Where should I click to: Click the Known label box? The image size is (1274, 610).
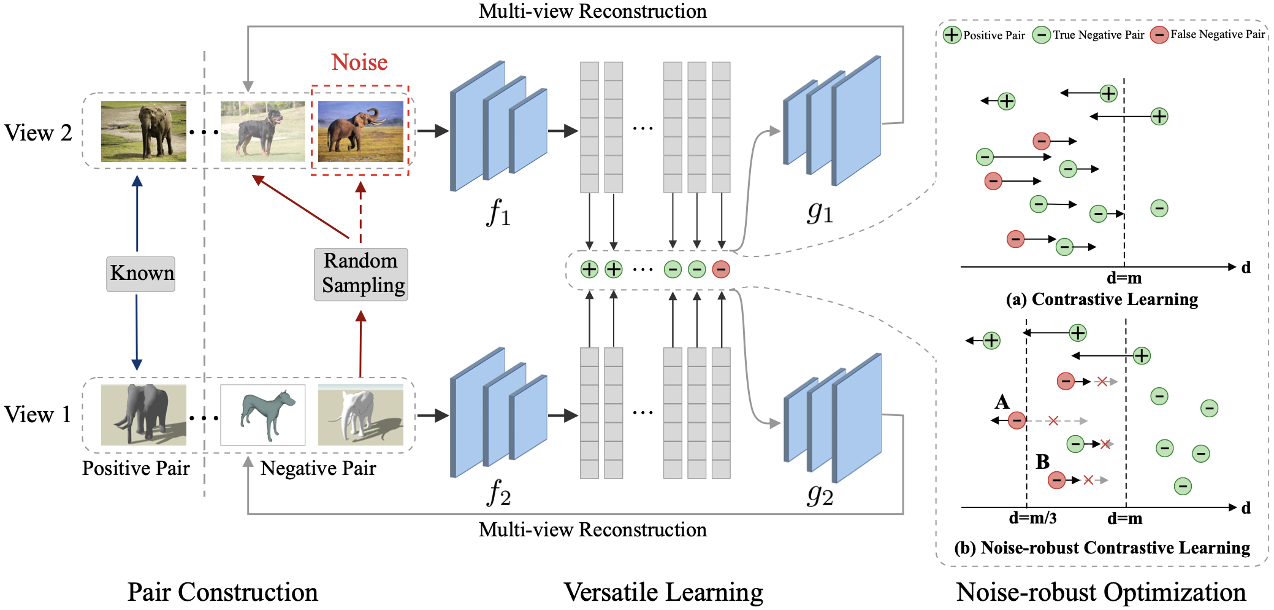(x=141, y=273)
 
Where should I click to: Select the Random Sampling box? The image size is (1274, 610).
(x=361, y=274)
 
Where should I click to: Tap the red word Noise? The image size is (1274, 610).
(x=359, y=63)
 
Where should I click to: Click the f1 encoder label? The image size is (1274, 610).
(x=498, y=212)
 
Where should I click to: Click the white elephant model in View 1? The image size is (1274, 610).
(x=360, y=415)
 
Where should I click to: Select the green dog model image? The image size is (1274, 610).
(x=263, y=415)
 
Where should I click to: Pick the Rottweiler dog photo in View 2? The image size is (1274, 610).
(x=263, y=131)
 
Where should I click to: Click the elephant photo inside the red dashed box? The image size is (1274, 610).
(x=360, y=131)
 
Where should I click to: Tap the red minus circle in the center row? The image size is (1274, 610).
(x=721, y=269)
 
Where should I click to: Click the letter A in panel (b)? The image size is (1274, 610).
(x=1002, y=402)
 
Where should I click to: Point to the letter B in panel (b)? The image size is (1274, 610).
(x=1042, y=461)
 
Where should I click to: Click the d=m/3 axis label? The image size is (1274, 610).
(x=1032, y=519)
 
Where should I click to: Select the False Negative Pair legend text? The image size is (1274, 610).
(x=1218, y=34)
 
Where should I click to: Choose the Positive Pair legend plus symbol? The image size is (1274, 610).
(x=952, y=35)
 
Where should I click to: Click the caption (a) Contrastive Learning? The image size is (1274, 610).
(x=1102, y=299)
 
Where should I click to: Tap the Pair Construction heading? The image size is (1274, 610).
(x=223, y=592)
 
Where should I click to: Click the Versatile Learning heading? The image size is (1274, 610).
(x=663, y=592)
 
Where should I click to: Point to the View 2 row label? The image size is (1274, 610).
(x=38, y=133)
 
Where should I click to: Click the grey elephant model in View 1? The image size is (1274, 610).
(x=143, y=415)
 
